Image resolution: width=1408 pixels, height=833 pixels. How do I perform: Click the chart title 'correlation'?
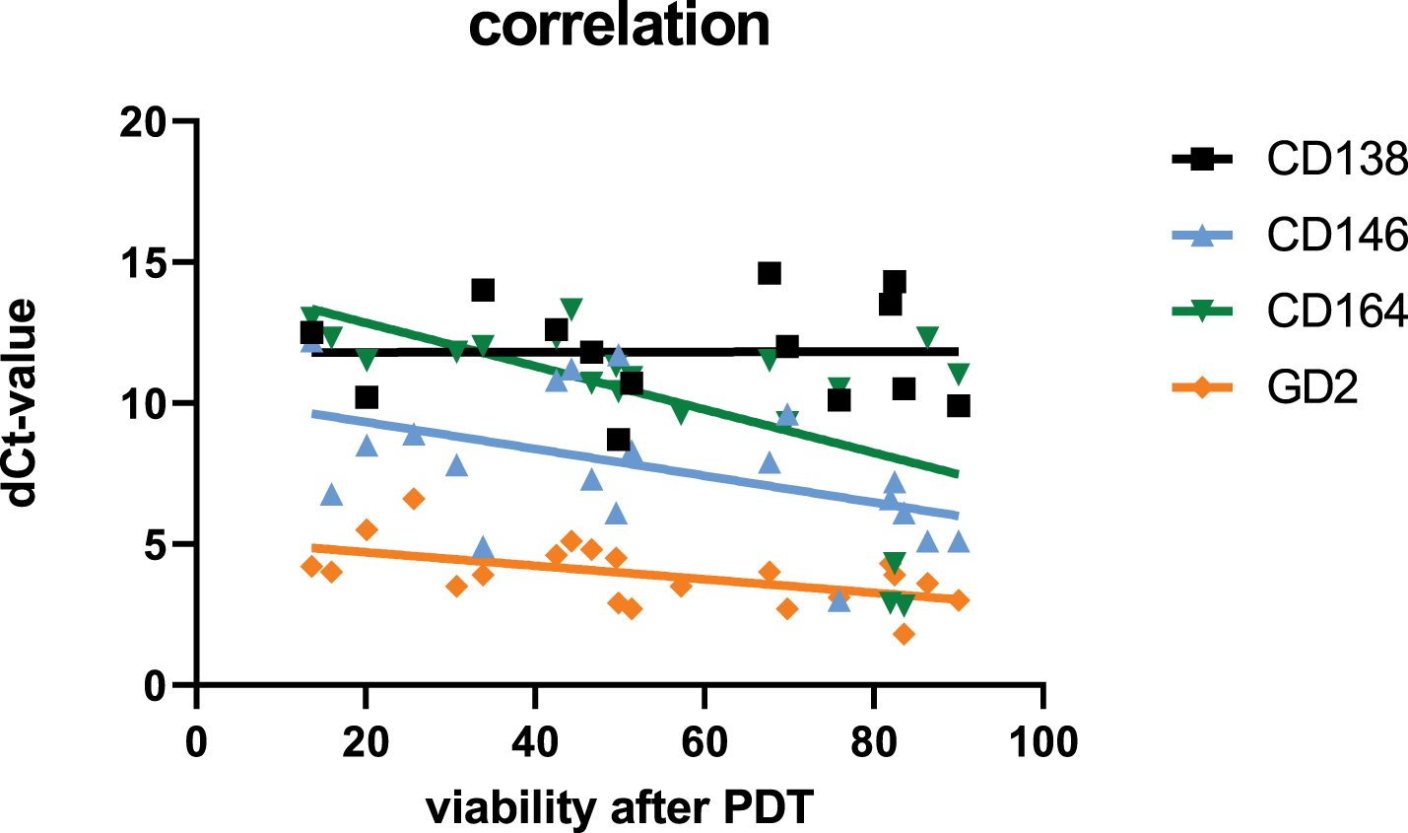(619, 27)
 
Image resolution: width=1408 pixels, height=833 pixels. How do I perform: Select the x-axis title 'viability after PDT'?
(620, 807)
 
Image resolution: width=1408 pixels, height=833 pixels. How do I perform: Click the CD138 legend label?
(1337, 159)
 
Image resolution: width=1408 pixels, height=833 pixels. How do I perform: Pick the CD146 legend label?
(1337, 235)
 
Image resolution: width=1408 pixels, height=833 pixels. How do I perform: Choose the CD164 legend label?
(1337, 312)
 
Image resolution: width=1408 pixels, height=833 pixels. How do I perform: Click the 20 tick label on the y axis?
(144, 121)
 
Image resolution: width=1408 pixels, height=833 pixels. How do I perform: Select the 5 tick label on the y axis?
(156, 544)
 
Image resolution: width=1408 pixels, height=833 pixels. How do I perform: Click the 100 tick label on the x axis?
(1043, 742)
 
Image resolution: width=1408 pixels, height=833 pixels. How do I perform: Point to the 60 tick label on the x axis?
(704, 742)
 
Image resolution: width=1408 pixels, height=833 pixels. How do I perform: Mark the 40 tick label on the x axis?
(535, 742)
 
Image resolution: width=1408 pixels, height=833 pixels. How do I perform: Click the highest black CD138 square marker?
(770, 273)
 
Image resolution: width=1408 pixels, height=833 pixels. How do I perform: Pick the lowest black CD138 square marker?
(619, 440)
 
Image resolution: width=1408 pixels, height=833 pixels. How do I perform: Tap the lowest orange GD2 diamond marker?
(904, 634)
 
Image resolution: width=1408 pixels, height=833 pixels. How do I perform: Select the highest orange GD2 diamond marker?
(414, 499)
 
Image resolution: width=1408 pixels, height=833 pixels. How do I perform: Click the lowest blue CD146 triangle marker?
(838, 601)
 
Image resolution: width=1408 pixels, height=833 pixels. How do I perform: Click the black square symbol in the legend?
(1202, 159)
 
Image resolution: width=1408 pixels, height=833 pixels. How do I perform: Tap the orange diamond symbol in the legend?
(1202, 387)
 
